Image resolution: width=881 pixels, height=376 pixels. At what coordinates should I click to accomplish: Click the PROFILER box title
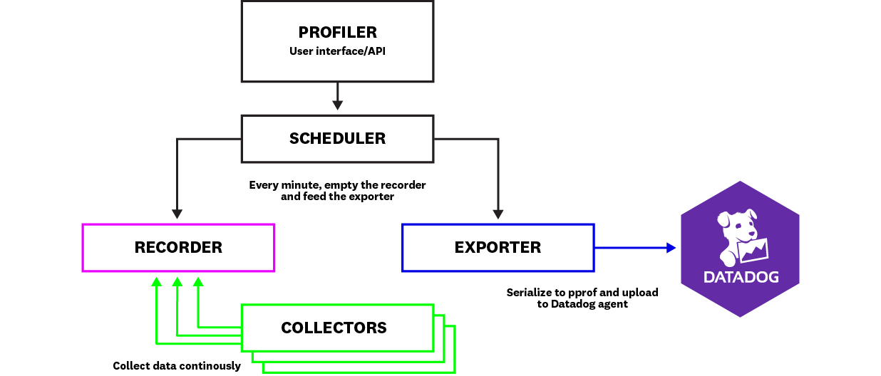click(x=337, y=33)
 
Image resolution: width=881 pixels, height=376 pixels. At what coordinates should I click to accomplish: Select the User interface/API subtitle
click(x=337, y=51)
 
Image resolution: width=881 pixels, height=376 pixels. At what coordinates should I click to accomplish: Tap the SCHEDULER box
click(x=337, y=139)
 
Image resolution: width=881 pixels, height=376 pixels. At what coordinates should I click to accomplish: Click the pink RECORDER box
click(x=178, y=248)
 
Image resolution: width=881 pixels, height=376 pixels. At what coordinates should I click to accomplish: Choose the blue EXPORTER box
click(x=498, y=248)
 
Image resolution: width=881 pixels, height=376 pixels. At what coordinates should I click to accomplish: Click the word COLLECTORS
click(x=334, y=328)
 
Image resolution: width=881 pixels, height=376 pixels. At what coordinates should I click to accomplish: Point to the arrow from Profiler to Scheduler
click(x=337, y=95)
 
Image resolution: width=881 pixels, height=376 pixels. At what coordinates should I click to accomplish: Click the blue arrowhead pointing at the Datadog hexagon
click(x=671, y=248)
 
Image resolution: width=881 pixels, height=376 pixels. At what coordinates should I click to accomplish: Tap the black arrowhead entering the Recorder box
click(x=177, y=213)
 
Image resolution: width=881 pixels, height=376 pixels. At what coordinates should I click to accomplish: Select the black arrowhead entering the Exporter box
click(x=498, y=213)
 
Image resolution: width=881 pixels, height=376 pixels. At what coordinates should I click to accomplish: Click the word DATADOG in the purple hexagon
click(x=741, y=277)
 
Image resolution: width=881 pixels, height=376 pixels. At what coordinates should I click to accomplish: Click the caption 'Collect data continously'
click(x=177, y=366)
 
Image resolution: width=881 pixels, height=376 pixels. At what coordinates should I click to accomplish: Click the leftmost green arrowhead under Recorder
click(x=156, y=283)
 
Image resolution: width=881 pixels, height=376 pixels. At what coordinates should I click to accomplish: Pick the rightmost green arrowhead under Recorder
click(x=198, y=283)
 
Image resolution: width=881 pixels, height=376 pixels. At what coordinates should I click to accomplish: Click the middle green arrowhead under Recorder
click(x=177, y=283)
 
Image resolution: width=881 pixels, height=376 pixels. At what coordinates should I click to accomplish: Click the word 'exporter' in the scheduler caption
click(x=371, y=197)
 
